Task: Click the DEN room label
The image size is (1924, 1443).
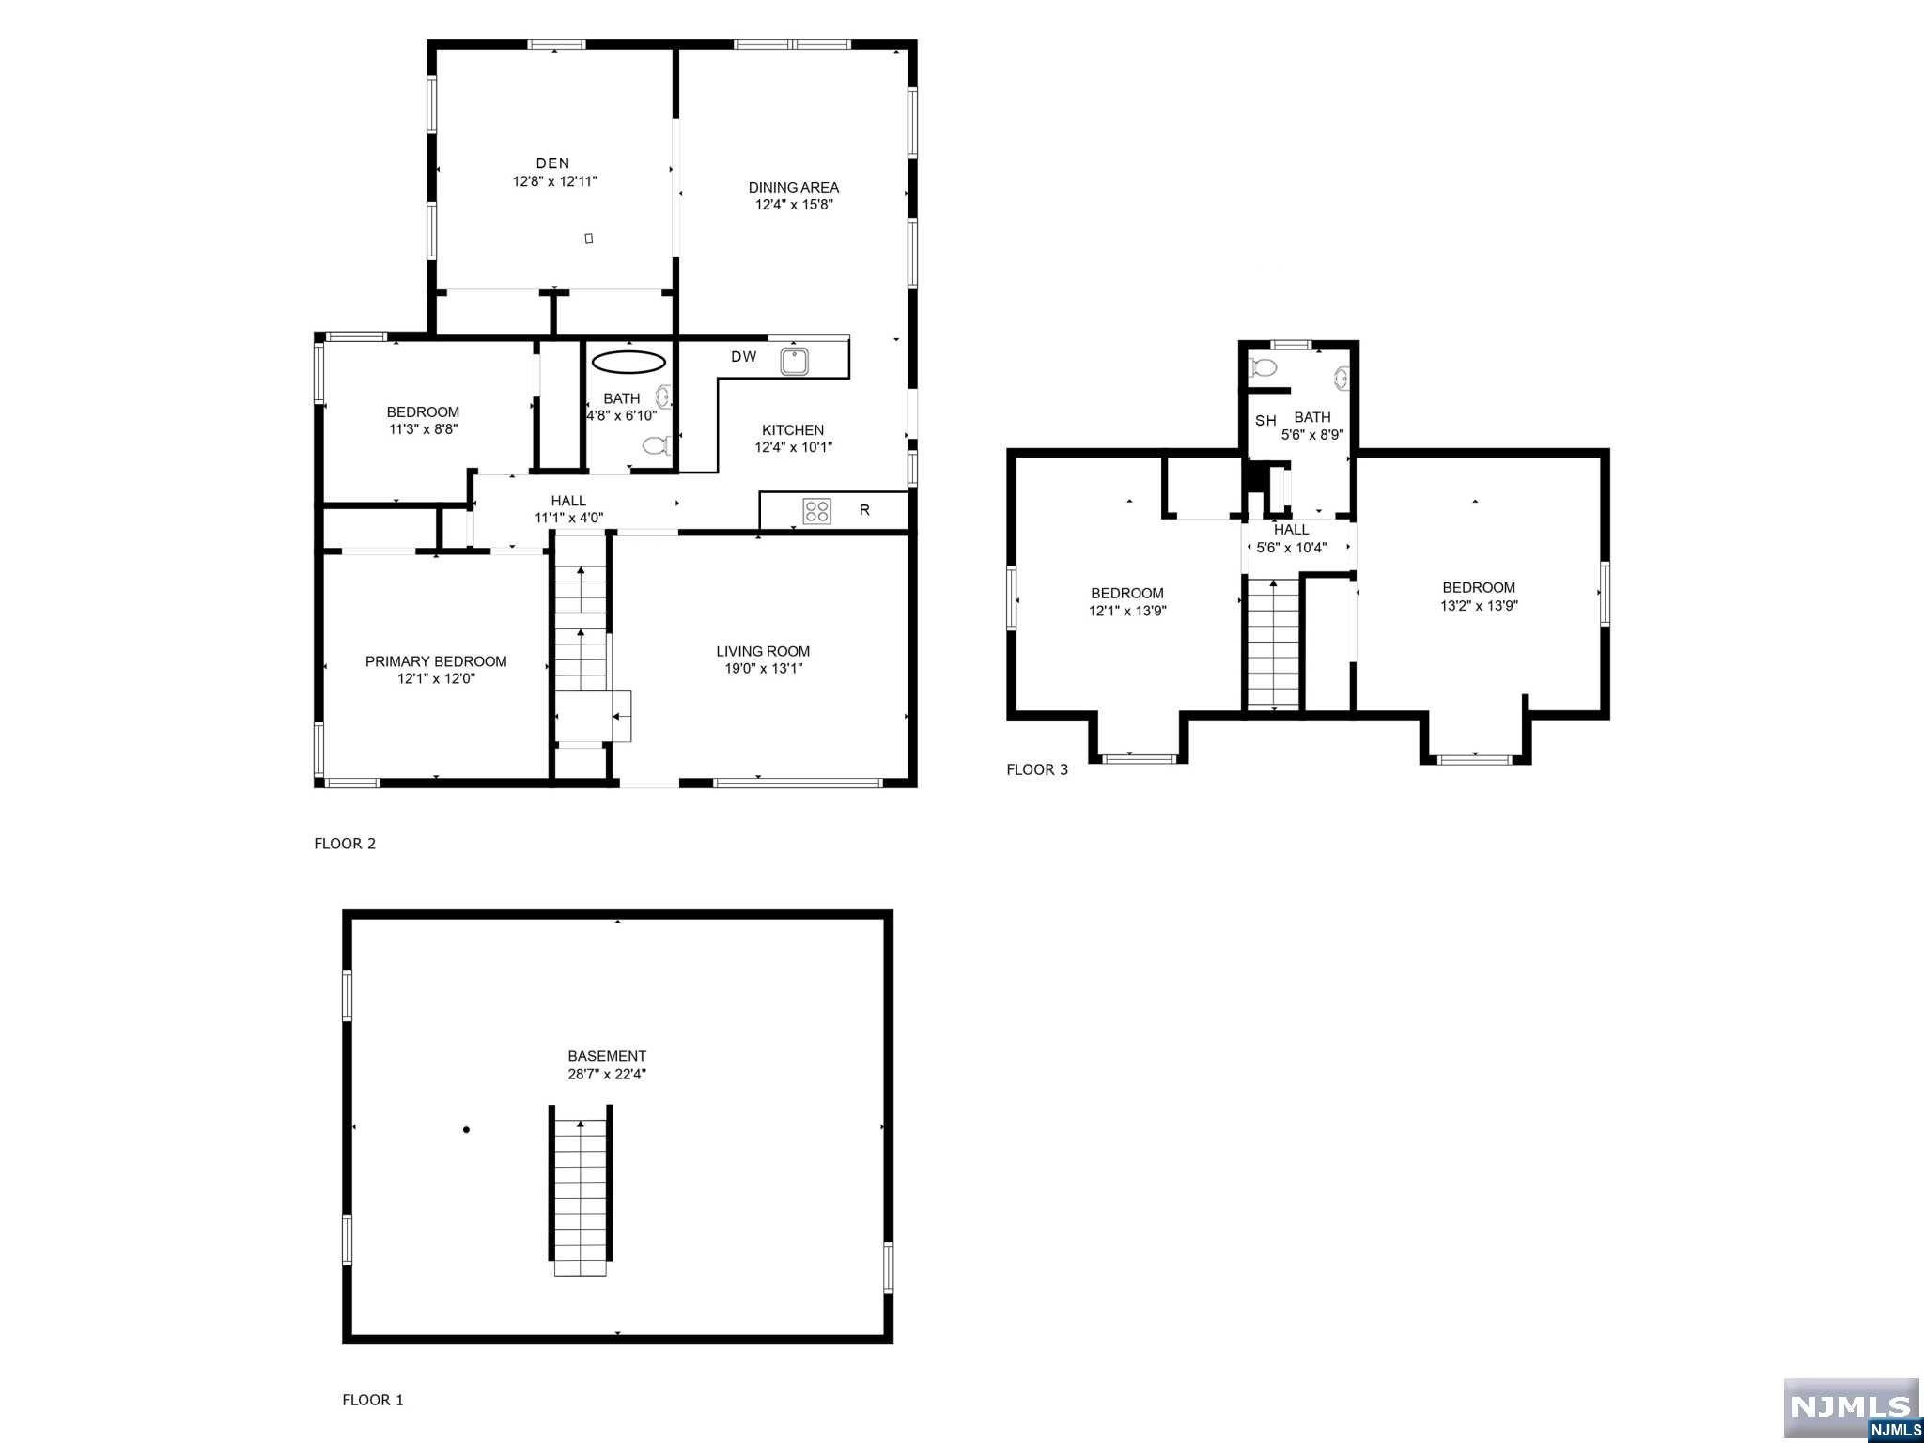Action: click(552, 163)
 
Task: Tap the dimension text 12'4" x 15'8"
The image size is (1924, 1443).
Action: click(794, 204)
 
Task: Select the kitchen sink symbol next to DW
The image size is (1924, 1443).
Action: click(795, 361)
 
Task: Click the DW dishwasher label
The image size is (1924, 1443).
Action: click(743, 357)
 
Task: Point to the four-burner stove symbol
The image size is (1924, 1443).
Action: click(816, 511)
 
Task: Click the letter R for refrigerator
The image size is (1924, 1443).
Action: click(864, 510)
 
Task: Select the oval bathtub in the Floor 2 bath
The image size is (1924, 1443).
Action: click(628, 362)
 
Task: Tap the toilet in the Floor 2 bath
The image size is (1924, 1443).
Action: click(656, 444)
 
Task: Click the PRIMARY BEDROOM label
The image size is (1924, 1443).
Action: click(436, 661)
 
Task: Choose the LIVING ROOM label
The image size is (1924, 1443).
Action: click(762, 651)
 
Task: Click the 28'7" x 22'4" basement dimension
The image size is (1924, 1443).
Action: click(607, 1074)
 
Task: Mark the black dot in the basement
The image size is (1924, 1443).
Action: click(466, 1130)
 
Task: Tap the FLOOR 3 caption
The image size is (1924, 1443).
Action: click(1037, 769)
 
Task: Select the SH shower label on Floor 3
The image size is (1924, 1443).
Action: click(1265, 421)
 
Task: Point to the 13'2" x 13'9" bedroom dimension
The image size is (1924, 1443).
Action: click(1479, 606)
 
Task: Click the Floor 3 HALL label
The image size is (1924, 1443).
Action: click(1291, 530)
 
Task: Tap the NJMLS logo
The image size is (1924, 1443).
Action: click(1850, 1405)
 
